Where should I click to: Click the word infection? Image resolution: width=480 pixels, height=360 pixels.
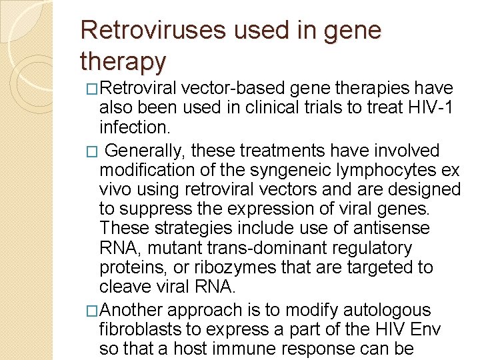pos(133,126)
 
